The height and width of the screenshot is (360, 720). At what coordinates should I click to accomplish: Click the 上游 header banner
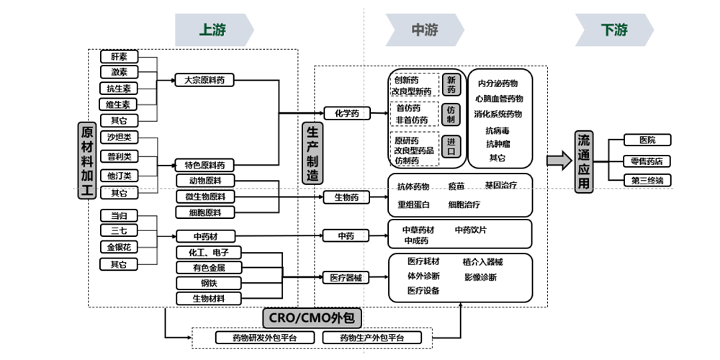pyautogui.click(x=214, y=30)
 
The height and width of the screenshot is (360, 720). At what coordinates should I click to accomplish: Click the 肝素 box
pyautogui.click(x=119, y=57)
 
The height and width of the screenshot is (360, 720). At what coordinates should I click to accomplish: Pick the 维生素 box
pyautogui.click(x=119, y=104)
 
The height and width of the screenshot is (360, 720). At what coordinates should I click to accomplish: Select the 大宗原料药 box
pyautogui.click(x=204, y=81)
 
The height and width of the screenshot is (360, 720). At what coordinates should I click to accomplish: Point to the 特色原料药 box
pyautogui.click(x=204, y=165)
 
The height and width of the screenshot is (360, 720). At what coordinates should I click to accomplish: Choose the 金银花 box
pyautogui.click(x=119, y=247)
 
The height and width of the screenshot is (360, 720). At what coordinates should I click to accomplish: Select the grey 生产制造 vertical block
pyautogui.click(x=312, y=151)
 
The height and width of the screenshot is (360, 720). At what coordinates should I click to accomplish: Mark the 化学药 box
pyautogui.click(x=346, y=113)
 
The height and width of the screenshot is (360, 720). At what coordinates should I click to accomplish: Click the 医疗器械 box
pyautogui.click(x=346, y=277)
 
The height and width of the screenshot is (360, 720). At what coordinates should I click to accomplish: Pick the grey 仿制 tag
pyautogui.click(x=451, y=114)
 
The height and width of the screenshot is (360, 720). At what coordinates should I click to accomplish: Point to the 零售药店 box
pyautogui.click(x=647, y=161)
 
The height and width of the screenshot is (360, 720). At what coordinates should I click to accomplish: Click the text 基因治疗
pyautogui.click(x=500, y=186)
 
